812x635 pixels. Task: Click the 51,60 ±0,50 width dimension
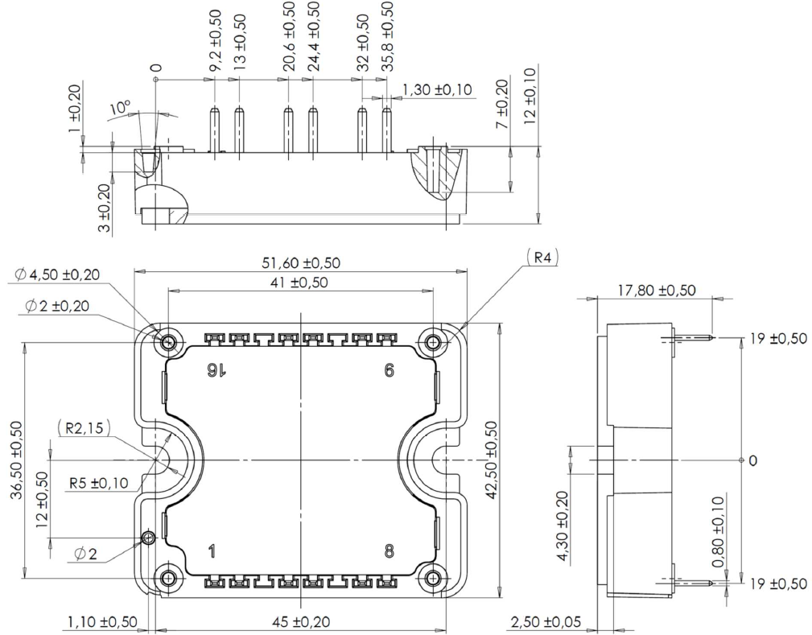tap(300, 262)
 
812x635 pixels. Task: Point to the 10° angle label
tap(120, 108)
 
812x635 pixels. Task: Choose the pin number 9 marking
tap(390, 369)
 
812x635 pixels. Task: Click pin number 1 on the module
tap(212, 551)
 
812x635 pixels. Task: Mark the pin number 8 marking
tap(390, 551)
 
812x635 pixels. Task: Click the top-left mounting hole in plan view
tap(168, 343)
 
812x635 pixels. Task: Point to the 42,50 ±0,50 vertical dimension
tap(492, 460)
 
